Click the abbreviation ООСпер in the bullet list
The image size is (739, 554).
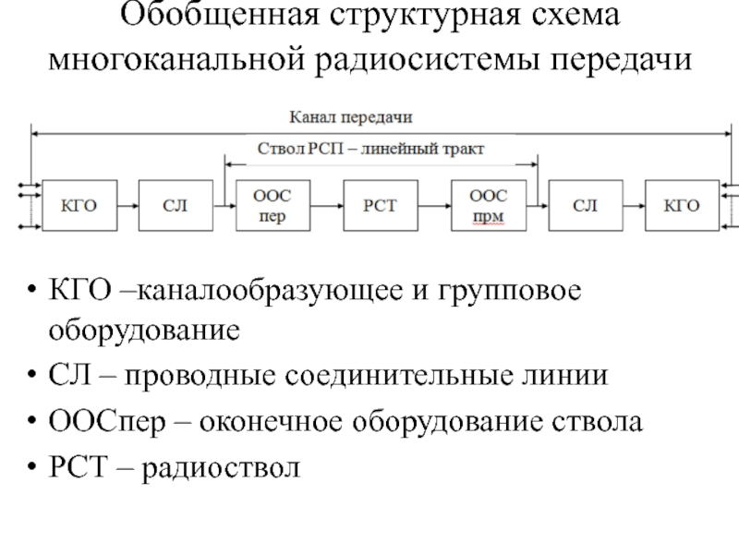(x=99, y=423)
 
